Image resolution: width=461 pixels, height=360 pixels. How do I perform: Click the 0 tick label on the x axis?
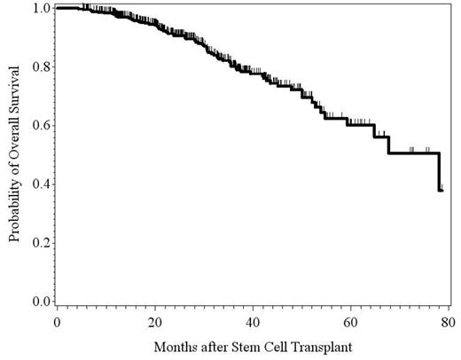coord(57,320)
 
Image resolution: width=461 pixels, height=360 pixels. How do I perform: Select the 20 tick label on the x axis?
coord(155,320)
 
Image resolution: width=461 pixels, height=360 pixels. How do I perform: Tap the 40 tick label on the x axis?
coord(253,320)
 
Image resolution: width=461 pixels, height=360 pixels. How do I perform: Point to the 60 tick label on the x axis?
coord(351,320)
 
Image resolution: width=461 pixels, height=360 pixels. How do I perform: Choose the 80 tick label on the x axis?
coord(449,320)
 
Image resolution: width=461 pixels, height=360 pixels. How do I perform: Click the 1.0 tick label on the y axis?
coord(40,8)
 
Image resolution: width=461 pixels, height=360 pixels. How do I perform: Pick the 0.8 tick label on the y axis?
coord(40,67)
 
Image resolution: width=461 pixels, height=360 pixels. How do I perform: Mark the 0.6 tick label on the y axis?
coord(40,125)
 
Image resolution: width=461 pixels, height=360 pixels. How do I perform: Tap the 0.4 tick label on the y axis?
coord(40,184)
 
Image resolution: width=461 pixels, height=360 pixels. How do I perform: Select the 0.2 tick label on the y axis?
coord(40,242)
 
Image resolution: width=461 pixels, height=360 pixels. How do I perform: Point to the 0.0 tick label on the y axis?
coord(40,301)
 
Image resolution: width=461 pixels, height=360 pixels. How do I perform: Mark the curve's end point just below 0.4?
coord(441,191)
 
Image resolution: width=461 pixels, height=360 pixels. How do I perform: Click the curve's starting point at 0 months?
coord(57,8)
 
